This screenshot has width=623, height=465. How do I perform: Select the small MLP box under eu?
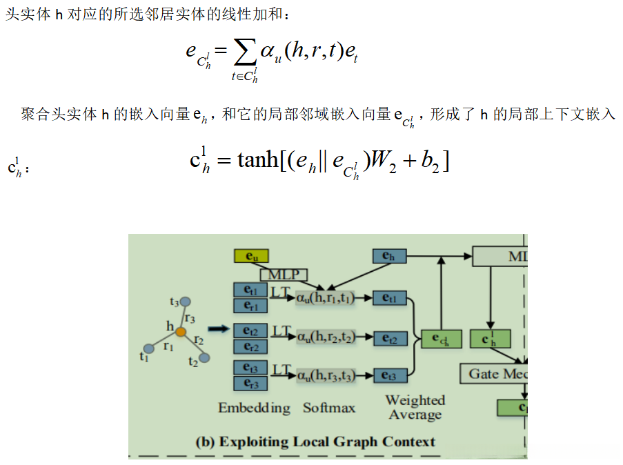pyautogui.click(x=284, y=275)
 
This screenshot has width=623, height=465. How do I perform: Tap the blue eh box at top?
pyautogui.click(x=390, y=256)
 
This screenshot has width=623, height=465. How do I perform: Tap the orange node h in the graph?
pyautogui.click(x=180, y=332)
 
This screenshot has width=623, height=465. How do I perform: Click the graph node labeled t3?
pyautogui.click(x=185, y=301)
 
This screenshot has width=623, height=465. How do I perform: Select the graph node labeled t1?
pyautogui.click(x=148, y=348)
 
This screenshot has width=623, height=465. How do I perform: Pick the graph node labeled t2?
pyautogui.click(x=204, y=357)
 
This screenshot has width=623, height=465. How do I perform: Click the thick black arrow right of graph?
pyautogui.click(x=217, y=330)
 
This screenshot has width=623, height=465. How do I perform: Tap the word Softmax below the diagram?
pyautogui.click(x=329, y=408)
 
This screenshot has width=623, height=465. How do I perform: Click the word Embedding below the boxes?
pyautogui.click(x=254, y=408)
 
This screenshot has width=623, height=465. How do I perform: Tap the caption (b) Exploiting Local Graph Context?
pyautogui.click(x=316, y=442)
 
